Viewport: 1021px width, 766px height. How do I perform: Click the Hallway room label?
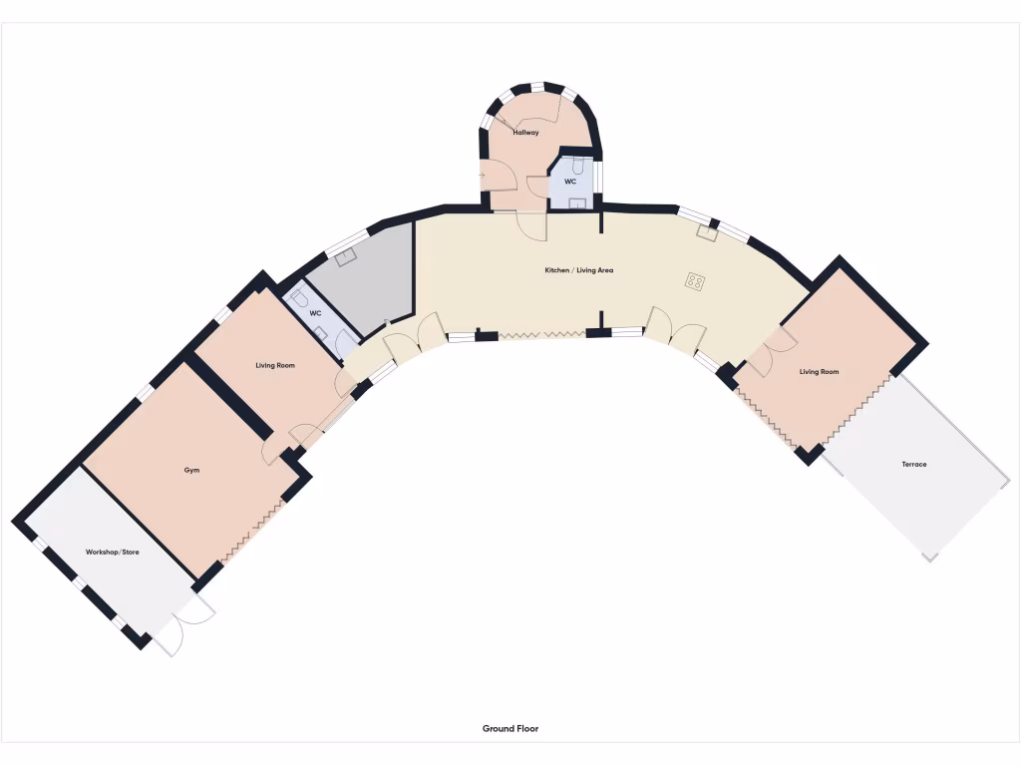[x=525, y=132]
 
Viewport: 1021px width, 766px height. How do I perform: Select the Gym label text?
[x=191, y=469]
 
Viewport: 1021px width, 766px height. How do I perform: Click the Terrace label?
[x=913, y=464]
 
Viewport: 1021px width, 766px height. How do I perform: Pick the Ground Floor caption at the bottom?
[x=510, y=729]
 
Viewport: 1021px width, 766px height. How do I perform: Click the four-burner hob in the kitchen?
[x=695, y=281]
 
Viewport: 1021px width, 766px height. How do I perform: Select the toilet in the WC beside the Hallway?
[x=579, y=164]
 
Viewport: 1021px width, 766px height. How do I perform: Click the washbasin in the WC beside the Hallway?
[x=576, y=202]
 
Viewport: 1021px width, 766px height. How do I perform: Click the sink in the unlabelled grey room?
[x=346, y=257]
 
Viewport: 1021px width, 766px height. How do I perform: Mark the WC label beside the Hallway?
[x=570, y=183]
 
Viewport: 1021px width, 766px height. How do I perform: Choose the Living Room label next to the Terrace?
[x=819, y=372]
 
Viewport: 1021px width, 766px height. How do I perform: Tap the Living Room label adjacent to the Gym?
[x=275, y=366]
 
